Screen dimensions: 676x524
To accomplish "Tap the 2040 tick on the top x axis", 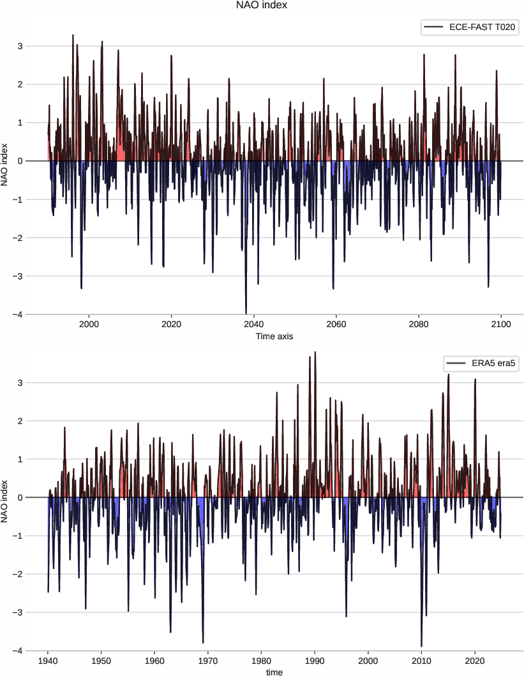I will click(x=254, y=324).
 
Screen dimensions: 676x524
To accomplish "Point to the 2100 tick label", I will click(x=501, y=324).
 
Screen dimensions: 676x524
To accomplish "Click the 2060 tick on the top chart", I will click(x=336, y=324).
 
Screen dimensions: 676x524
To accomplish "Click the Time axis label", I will click(x=274, y=335).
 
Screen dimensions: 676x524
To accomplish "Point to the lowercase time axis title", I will click(x=274, y=671).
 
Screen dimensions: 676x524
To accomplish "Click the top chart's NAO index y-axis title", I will click(x=6, y=161).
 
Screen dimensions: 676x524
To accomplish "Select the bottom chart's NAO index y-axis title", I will click(x=6, y=497).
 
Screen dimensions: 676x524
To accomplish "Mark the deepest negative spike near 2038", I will click(x=246, y=312).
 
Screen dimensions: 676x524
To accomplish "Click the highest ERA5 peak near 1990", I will click(x=315, y=353).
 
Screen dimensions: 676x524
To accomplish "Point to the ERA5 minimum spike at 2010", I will click(x=421, y=645).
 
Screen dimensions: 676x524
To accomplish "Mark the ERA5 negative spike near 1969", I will click(x=203, y=642).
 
